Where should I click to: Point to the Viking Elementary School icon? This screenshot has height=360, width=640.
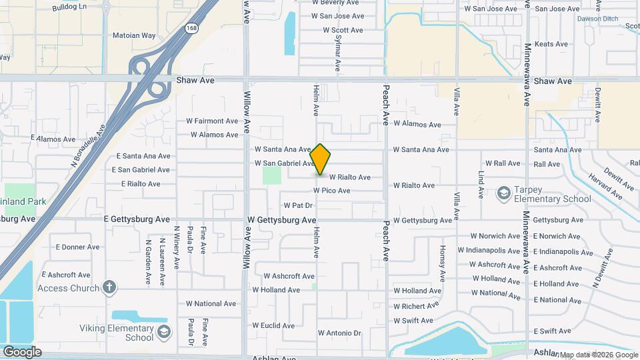(x=163, y=331)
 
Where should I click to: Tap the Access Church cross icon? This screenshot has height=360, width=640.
(x=110, y=288)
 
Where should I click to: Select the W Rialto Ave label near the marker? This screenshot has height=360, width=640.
(x=349, y=177)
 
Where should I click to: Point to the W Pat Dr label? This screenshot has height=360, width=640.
(x=298, y=205)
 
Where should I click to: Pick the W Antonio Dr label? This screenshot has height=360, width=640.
(x=339, y=333)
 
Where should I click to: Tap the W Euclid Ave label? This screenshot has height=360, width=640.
(x=274, y=326)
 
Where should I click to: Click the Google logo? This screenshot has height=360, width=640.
(x=22, y=351)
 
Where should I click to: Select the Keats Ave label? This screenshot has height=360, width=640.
(x=551, y=44)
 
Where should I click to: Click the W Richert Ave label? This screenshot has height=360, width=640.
(x=416, y=306)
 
